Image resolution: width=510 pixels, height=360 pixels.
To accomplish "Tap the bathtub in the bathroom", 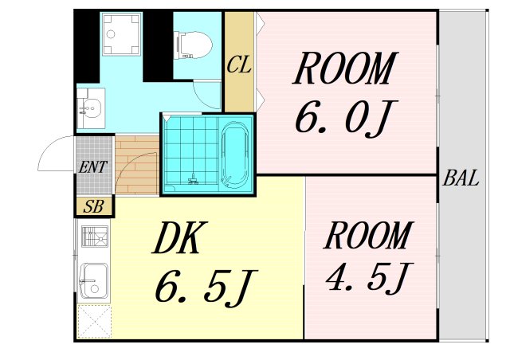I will click(x=235, y=155).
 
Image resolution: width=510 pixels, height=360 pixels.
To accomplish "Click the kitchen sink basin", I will click(x=92, y=279).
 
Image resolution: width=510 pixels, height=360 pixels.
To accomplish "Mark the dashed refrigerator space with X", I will click(x=93, y=322).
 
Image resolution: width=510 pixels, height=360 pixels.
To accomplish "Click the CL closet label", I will click(x=239, y=65).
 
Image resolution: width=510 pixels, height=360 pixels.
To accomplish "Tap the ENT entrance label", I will click(x=93, y=167).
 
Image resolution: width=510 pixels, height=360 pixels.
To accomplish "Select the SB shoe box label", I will click(x=93, y=206).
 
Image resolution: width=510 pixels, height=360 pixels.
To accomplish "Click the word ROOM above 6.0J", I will click(x=344, y=70).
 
